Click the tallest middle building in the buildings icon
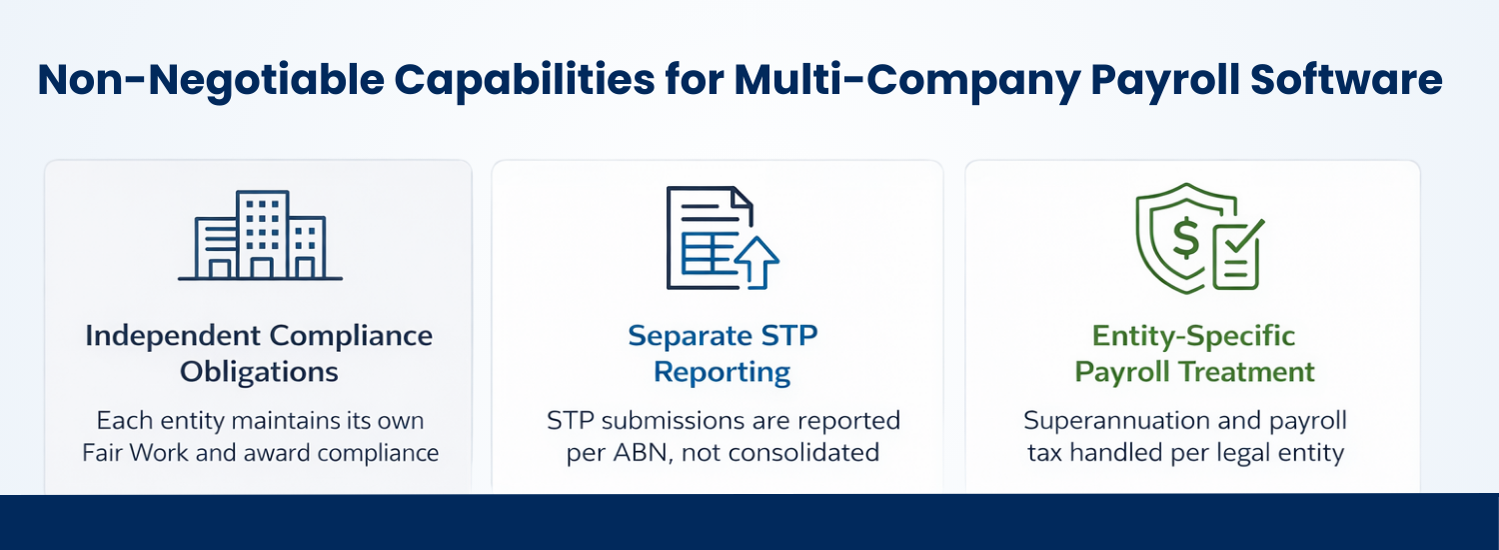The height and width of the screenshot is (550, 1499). pyautogui.click(x=262, y=233)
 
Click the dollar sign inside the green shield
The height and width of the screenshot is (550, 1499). pyautogui.click(x=1185, y=238)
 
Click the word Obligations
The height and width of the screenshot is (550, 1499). pyautogui.click(x=259, y=372)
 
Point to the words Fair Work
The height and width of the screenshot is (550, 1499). pyautogui.click(x=135, y=452)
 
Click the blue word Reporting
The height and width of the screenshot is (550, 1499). pyautogui.click(x=722, y=372)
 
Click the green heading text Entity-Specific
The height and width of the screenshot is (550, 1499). pyautogui.click(x=1193, y=336)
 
